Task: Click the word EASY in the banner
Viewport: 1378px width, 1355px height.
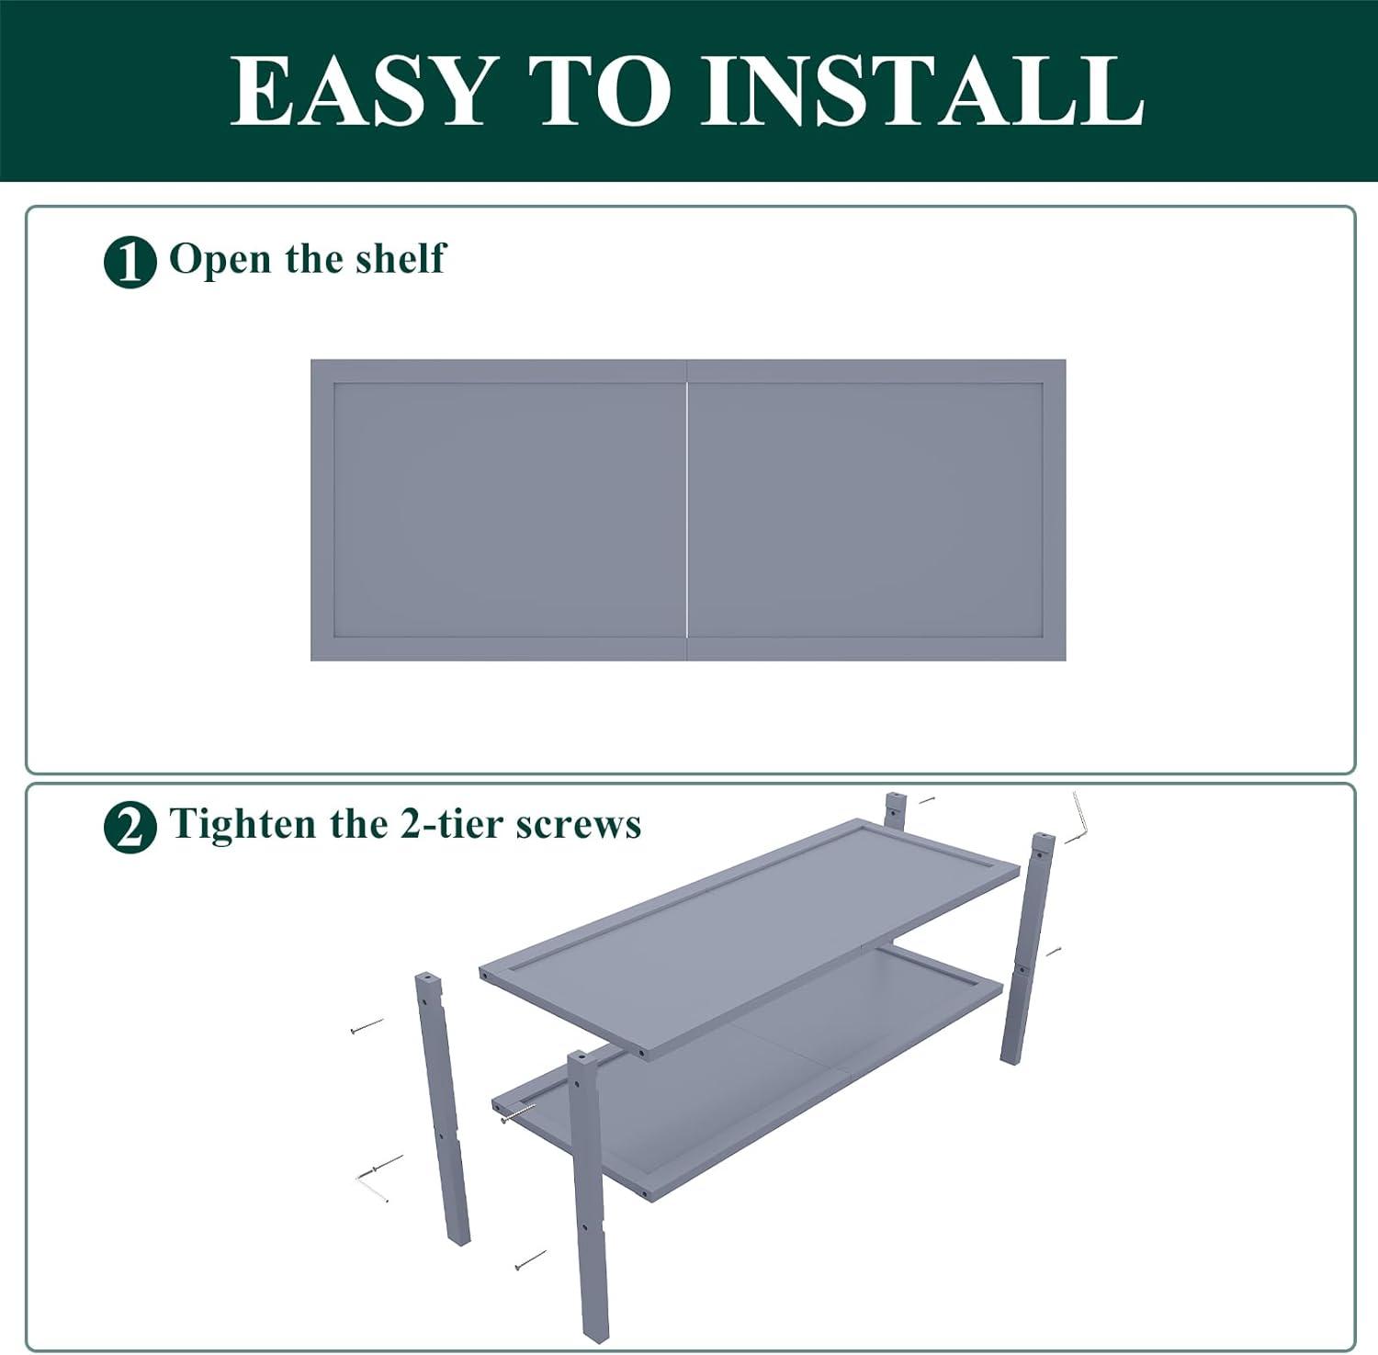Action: click(359, 90)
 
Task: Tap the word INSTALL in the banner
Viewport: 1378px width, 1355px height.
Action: click(922, 90)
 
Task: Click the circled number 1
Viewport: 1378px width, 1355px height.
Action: click(130, 262)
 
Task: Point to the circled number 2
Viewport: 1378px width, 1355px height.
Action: click(130, 828)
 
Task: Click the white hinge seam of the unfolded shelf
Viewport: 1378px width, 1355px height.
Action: click(687, 509)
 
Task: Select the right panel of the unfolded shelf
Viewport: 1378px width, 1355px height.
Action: click(876, 510)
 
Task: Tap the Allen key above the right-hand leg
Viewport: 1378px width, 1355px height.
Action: click(1077, 819)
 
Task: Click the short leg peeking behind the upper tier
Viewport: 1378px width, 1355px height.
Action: click(895, 810)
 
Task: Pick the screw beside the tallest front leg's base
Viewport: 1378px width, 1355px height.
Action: click(530, 1260)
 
